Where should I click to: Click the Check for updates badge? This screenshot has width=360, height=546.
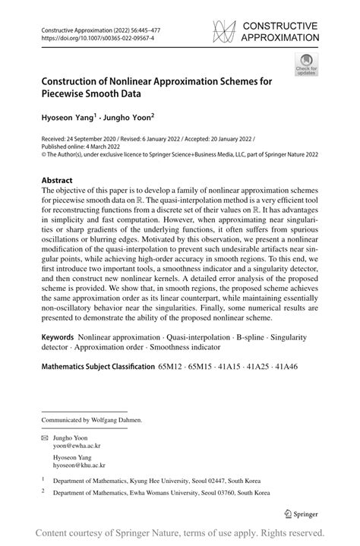[x=307, y=64]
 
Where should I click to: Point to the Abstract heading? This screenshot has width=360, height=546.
[x=58, y=181]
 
